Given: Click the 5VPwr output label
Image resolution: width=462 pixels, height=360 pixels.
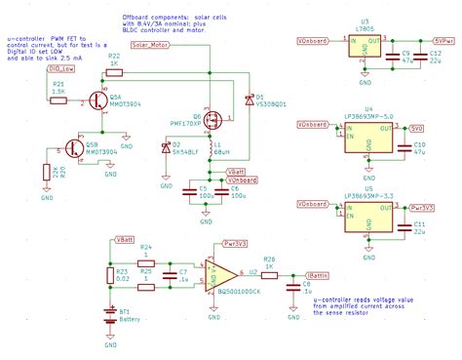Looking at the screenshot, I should coord(443,41).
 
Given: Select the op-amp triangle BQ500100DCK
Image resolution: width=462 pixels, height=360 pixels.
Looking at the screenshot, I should coord(221,270).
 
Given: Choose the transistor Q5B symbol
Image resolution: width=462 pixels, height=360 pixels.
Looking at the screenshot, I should coord(73,147).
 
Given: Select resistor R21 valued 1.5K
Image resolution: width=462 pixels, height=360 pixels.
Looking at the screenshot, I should coord(58,99).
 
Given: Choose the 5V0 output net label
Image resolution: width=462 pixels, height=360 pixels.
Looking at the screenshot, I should coord(416,127).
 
